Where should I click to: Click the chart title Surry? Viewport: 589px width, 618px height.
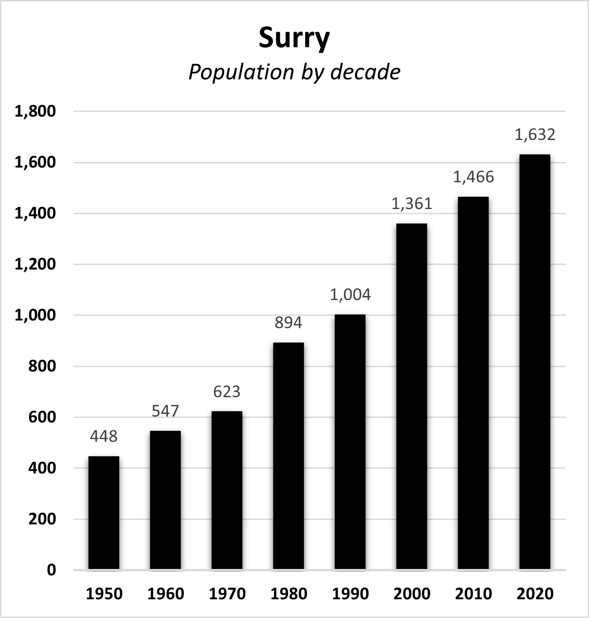pyautogui.click(x=294, y=38)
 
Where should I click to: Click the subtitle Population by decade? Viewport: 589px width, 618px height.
pyautogui.click(x=294, y=72)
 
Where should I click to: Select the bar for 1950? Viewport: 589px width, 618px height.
pyautogui.click(x=104, y=513)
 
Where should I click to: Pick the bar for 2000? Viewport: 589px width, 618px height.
pyautogui.click(x=412, y=396)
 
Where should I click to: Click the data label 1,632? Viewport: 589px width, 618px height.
pyautogui.click(x=535, y=135)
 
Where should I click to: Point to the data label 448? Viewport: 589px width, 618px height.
pyautogui.click(x=104, y=436)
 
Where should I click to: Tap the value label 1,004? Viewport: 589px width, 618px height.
pyautogui.click(x=350, y=295)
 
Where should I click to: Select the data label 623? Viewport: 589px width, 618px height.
pyautogui.click(x=227, y=391)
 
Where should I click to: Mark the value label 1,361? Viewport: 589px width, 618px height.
pyautogui.click(x=412, y=204)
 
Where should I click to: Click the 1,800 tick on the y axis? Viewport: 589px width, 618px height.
pyautogui.click(x=35, y=111)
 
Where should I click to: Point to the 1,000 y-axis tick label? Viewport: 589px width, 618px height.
pyautogui.click(x=35, y=315)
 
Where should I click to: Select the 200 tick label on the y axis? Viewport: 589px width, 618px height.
pyautogui.click(x=42, y=519)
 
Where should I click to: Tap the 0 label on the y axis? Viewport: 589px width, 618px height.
pyautogui.click(x=52, y=570)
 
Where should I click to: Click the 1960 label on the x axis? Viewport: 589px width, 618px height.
pyautogui.click(x=166, y=594)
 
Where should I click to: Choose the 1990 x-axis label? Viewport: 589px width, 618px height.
pyautogui.click(x=350, y=594)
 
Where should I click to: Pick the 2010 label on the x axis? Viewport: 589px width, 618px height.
pyautogui.click(x=473, y=594)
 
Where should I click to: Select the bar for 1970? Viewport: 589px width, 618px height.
pyautogui.click(x=227, y=490)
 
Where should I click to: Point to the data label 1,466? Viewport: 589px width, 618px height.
pyautogui.click(x=473, y=177)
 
